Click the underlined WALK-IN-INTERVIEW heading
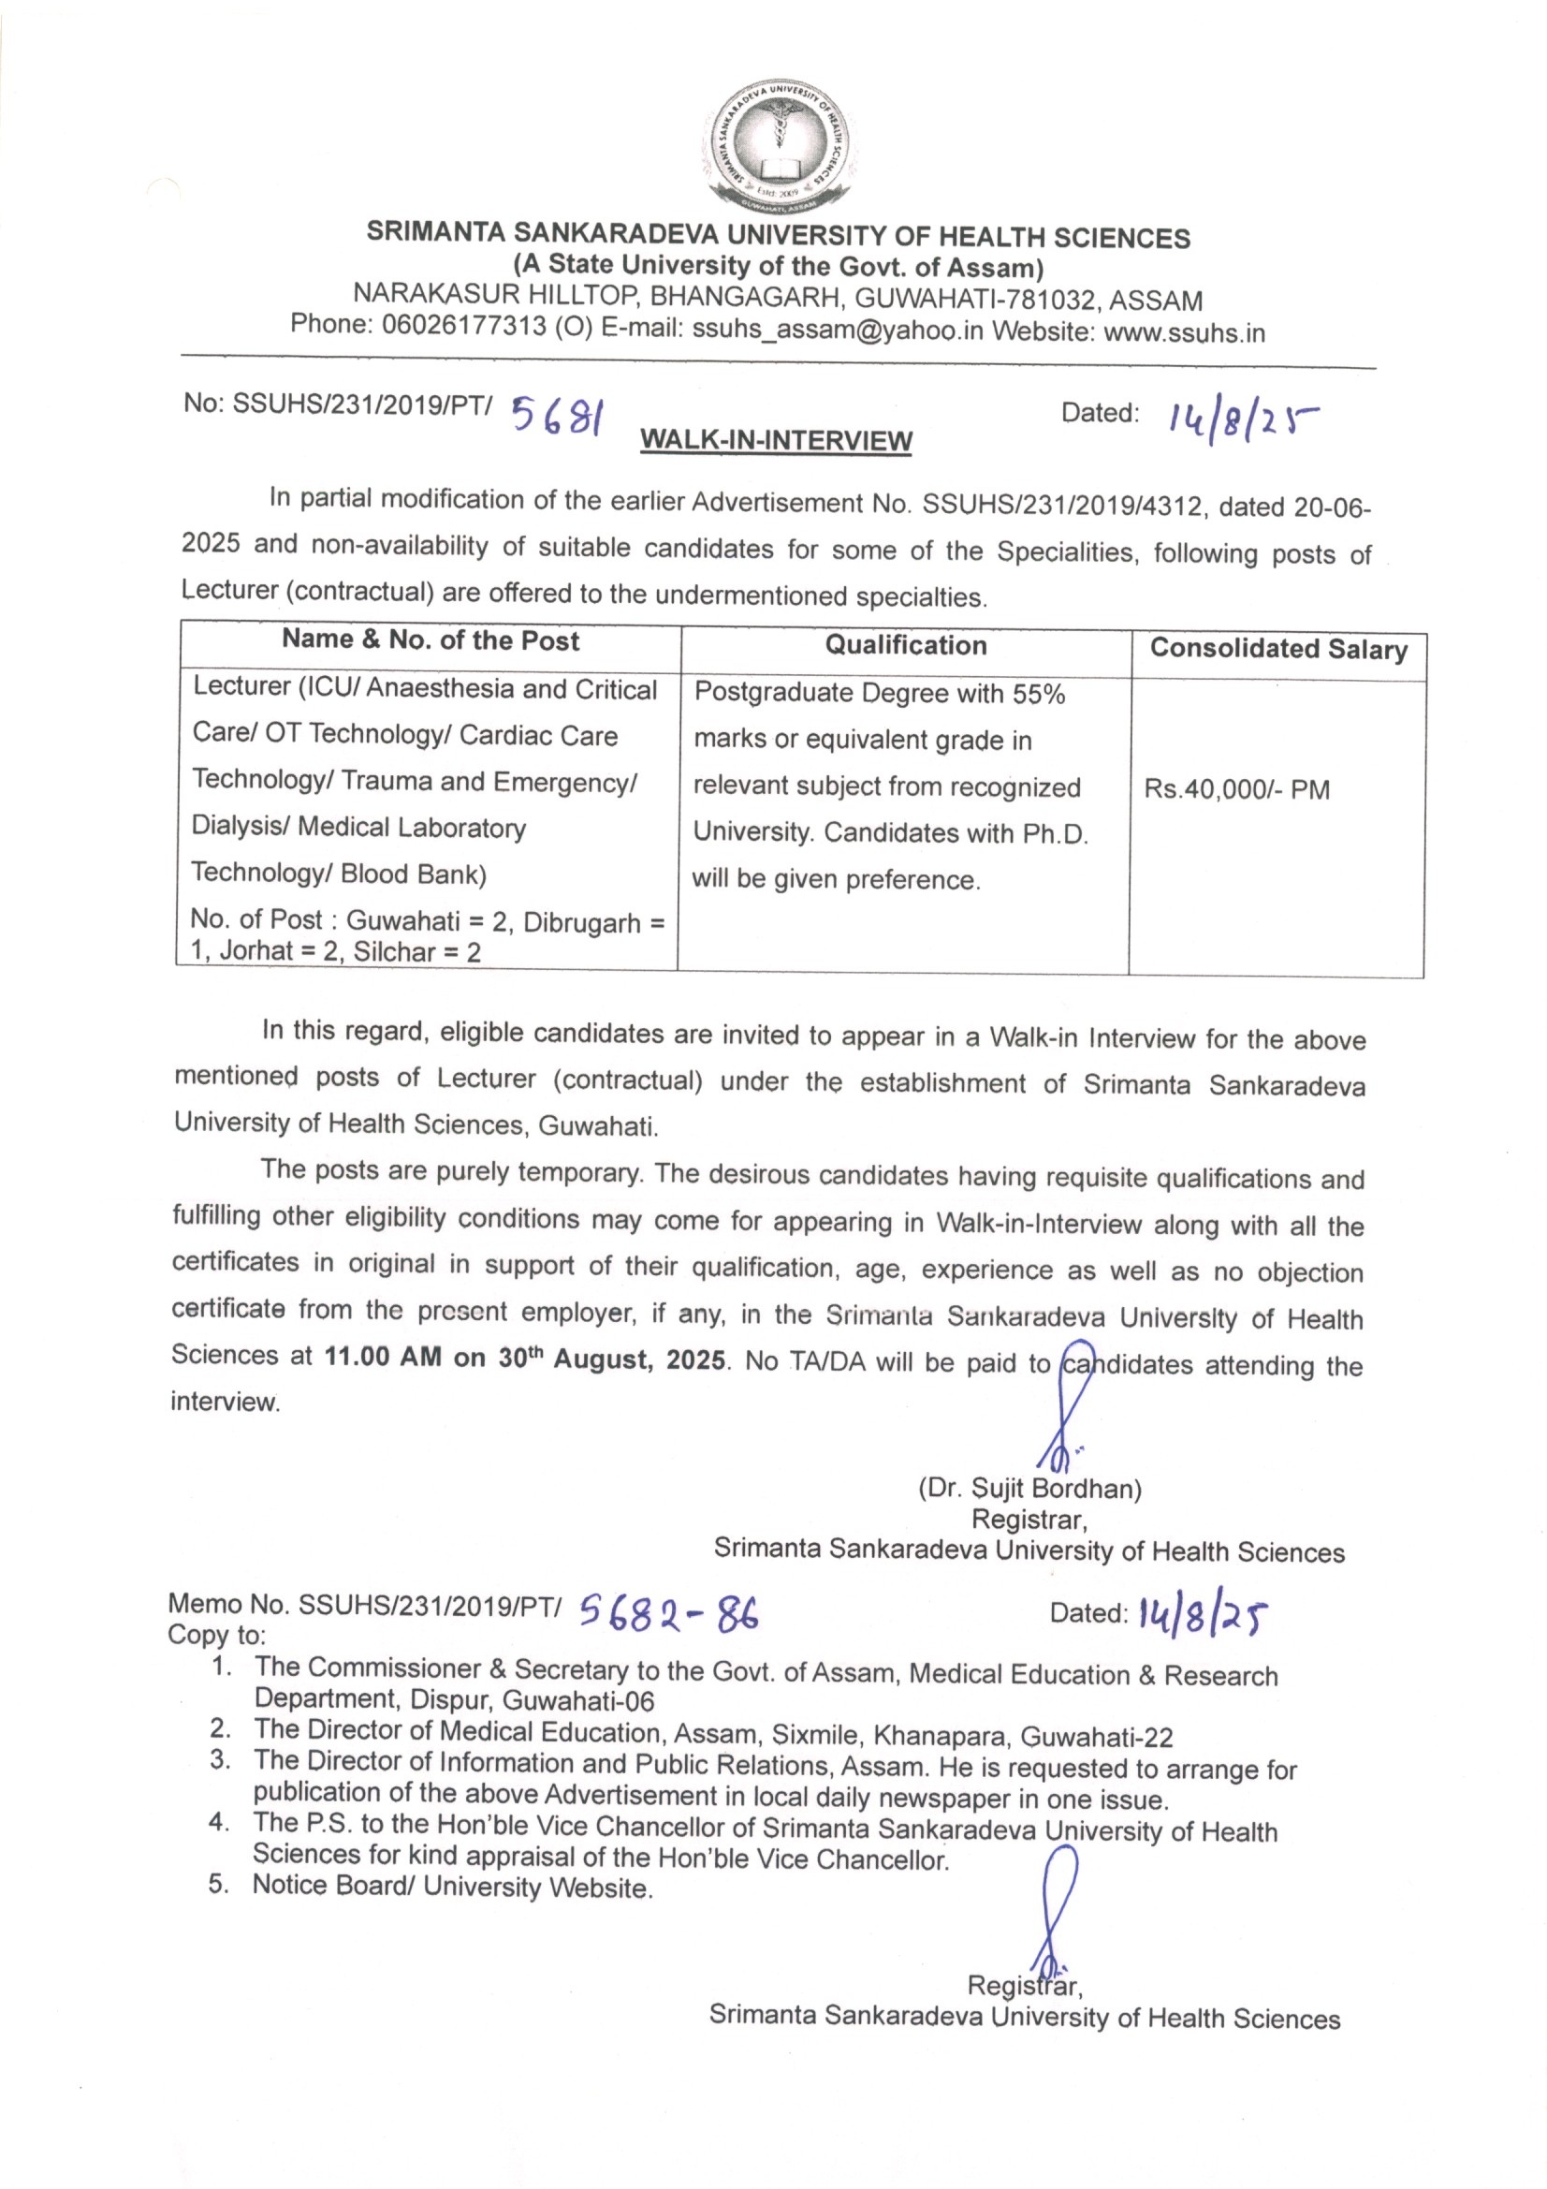coord(776,440)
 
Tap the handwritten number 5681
coord(558,416)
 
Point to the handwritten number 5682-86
coord(669,1612)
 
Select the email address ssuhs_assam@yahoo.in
coord(837,330)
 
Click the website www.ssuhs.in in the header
coord(1184,332)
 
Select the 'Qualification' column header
coord(906,645)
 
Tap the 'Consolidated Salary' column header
coord(1278,649)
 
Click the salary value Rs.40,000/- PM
coord(1236,789)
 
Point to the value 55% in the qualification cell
coord(1039,694)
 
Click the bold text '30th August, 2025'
coord(612,1358)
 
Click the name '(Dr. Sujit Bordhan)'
coord(1029,1489)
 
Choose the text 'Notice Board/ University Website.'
coord(453,1886)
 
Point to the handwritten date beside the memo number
coord(1203,1613)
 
